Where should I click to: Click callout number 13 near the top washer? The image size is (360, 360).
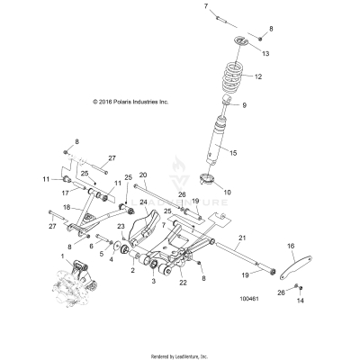[265, 54]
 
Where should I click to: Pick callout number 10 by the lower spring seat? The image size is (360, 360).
[252, 192]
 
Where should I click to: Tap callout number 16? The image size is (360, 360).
[291, 245]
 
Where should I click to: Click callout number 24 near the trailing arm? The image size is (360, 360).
[142, 228]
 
